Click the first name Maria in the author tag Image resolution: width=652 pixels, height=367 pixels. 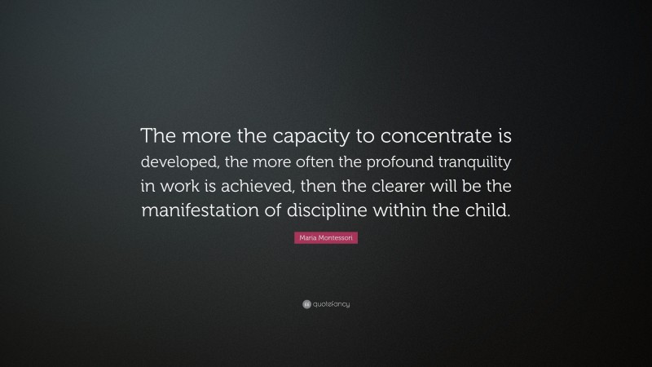pyautogui.click(x=308, y=237)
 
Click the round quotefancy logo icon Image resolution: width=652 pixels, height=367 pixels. pyautogui.click(x=306, y=304)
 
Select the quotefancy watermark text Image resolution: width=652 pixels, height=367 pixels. pyautogui.click(x=332, y=304)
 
